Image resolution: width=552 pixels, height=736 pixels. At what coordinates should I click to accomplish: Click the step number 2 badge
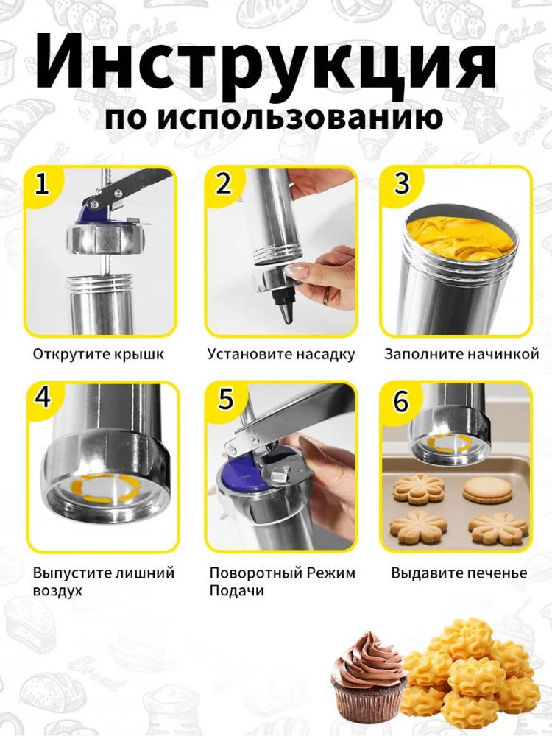coord(224,183)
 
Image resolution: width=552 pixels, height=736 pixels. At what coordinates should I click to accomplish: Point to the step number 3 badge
coord(401,183)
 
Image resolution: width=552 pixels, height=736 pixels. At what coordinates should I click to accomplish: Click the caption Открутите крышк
coord(99,354)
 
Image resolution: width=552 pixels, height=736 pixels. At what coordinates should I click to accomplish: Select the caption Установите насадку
coord(281,354)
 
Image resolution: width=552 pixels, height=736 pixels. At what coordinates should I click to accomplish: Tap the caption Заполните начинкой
coord(461,354)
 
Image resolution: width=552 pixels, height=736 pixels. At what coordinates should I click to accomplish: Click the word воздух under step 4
coord(57,590)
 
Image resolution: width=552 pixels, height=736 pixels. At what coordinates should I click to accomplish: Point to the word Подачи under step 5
coord(236,590)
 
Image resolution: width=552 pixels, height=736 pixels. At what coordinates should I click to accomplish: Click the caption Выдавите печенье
coord(459,573)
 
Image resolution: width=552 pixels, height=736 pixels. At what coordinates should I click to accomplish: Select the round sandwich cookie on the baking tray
coord(488,490)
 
